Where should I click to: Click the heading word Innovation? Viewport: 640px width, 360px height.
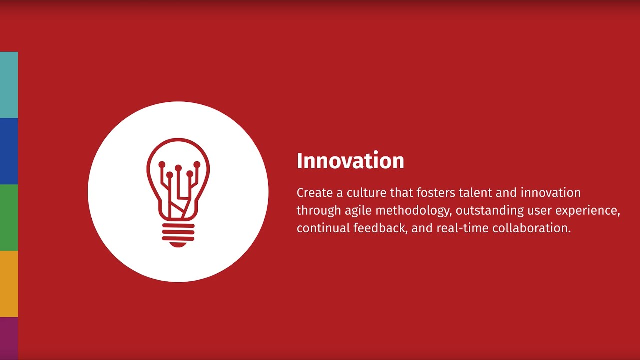point(350,161)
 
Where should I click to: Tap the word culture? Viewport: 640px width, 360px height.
point(357,193)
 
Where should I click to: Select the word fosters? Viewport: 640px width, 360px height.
point(436,193)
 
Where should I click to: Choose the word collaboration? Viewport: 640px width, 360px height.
point(531,228)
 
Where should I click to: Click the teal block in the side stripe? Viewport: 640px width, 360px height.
point(9,85)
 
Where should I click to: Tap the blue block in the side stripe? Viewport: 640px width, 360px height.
point(9,151)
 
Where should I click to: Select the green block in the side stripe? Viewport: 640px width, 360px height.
point(9,217)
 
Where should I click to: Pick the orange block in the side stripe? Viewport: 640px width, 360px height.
point(9,284)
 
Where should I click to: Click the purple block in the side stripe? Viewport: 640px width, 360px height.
point(9,338)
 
